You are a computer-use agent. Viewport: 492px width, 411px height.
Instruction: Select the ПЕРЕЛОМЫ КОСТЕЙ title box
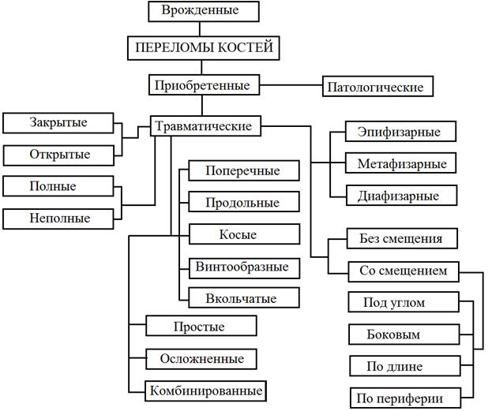[x=205, y=47]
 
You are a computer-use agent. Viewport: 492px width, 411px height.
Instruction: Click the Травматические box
[x=205, y=125]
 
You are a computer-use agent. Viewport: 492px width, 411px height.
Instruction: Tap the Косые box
[x=244, y=234]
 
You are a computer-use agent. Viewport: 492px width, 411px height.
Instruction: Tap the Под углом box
[x=404, y=302]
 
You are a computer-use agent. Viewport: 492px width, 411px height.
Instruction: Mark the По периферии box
[x=404, y=398]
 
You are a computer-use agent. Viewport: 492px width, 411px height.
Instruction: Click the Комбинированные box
[x=205, y=390]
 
